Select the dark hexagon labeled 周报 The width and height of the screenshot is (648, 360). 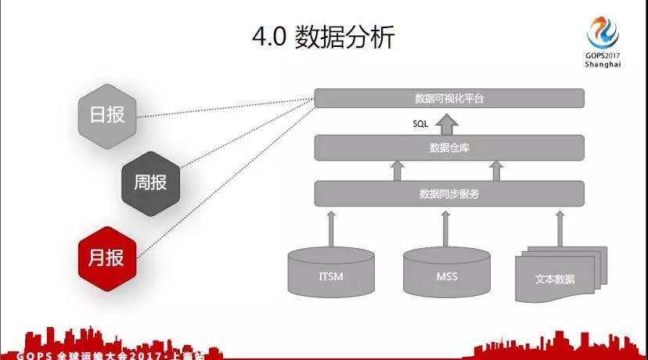tap(149, 182)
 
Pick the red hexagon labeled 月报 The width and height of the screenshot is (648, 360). tap(107, 255)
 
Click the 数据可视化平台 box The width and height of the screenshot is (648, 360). tap(449, 98)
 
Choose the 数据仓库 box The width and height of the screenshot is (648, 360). tap(449, 146)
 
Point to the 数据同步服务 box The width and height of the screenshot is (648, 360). tap(449, 193)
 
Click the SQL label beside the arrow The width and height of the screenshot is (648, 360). tap(421, 124)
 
